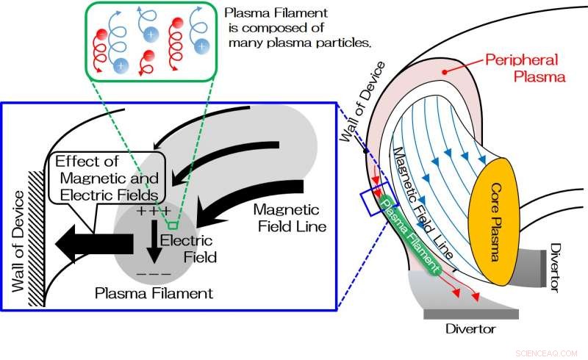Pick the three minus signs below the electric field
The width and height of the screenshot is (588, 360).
154,276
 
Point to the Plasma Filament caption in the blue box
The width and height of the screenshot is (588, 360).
154,293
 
